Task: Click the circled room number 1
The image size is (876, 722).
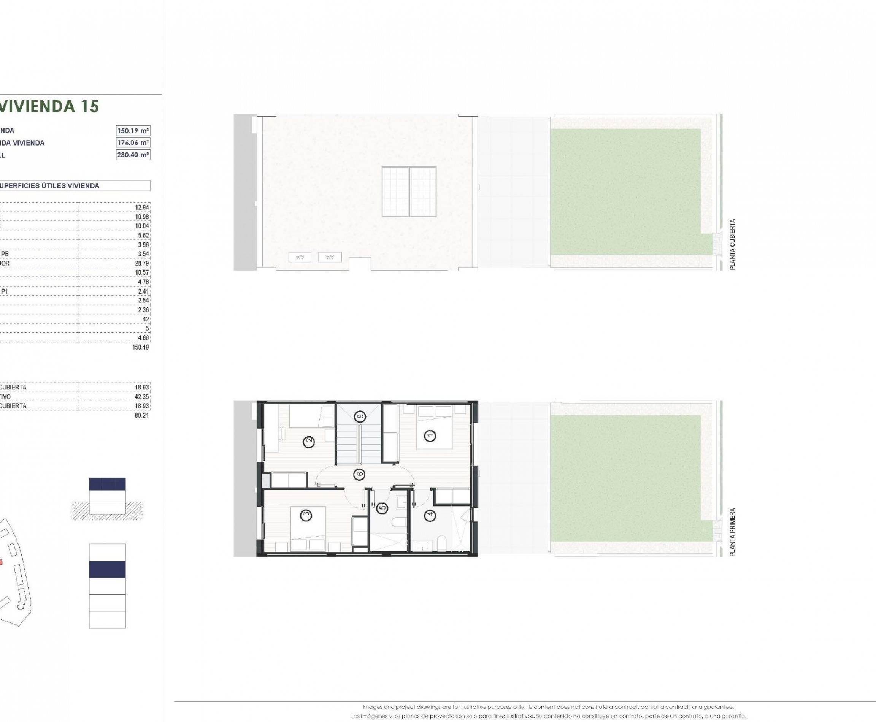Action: pyautogui.click(x=430, y=435)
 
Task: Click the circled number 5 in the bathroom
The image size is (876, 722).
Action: pyautogui.click(x=383, y=507)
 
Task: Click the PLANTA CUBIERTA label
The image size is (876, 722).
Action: pyautogui.click(x=732, y=245)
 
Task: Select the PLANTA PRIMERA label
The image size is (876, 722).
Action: pyautogui.click(x=732, y=532)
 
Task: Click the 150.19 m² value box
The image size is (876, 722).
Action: pyautogui.click(x=133, y=131)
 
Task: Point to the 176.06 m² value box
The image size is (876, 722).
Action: pyautogui.click(x=133, y=142)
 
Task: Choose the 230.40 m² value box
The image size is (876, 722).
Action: pyautogui.click(x=133, y=155)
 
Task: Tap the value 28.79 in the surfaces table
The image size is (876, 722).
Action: pyautogui.click(x=143, y=263)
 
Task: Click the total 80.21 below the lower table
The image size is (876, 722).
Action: pyautogui.click(x=142, y=415)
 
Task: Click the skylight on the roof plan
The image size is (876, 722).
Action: pyautogui.click(x=409, y=192)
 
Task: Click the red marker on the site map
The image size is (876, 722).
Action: pyautogui.click(x=1, y=562)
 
